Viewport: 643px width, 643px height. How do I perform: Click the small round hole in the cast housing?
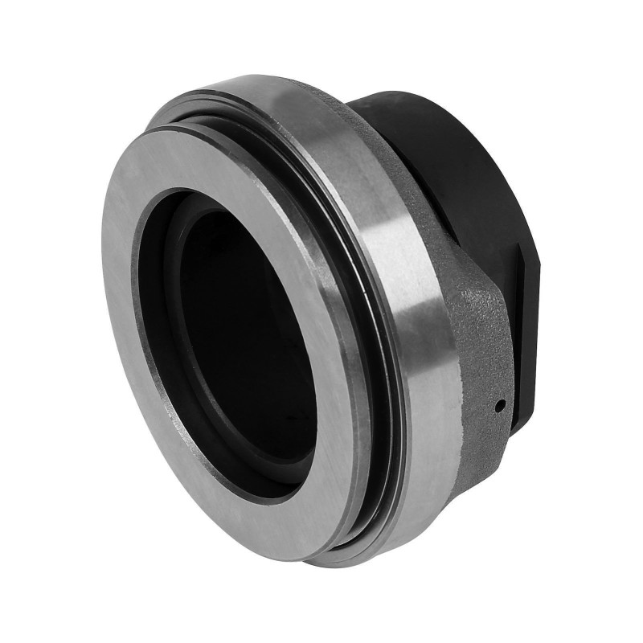click(x=499, y=404)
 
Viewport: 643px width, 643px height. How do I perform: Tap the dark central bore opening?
click(x=241, y=346)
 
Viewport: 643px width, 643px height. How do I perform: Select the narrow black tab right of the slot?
click(x=534, y=321)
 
